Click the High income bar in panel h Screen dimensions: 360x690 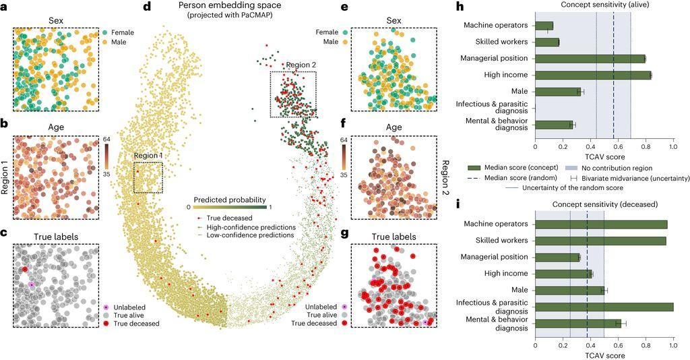[593, 75]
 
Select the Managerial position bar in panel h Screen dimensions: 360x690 [590, 59]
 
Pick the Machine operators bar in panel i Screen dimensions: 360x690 [601, 224]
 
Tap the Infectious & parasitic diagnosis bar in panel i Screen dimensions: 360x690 [604, 307]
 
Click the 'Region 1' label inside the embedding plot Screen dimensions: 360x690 [148, 156]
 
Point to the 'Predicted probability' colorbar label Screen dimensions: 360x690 [225, 200]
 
